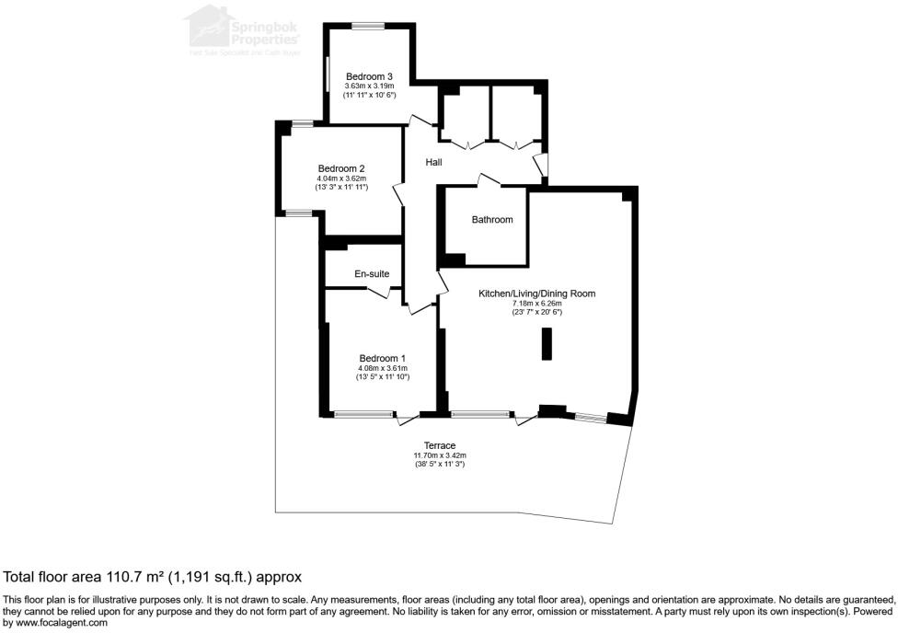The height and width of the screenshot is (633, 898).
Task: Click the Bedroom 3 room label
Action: click(370, 75)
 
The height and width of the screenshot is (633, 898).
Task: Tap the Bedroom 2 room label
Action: click(342, 168)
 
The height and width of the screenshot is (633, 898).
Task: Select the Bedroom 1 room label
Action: click(382, 358)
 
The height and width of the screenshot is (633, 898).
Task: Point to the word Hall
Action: click(433, 163)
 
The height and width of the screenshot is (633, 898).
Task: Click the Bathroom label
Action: click(492, 220)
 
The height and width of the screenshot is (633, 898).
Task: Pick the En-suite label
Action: click(372, 274)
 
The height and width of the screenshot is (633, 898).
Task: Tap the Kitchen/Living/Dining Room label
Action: click(536, 293)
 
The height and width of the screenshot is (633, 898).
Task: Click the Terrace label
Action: click(440, 445)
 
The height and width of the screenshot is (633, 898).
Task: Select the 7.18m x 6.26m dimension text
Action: click(536, 303)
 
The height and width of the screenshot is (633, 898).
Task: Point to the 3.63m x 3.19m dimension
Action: click(370, 86)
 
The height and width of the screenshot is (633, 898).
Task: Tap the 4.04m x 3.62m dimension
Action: click(342, 178)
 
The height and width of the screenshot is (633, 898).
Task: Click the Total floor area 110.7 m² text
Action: click(153, 578)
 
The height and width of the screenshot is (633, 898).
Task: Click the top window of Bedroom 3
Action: click(372, 26)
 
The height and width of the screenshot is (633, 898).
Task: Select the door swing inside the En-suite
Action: click(381, 293)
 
